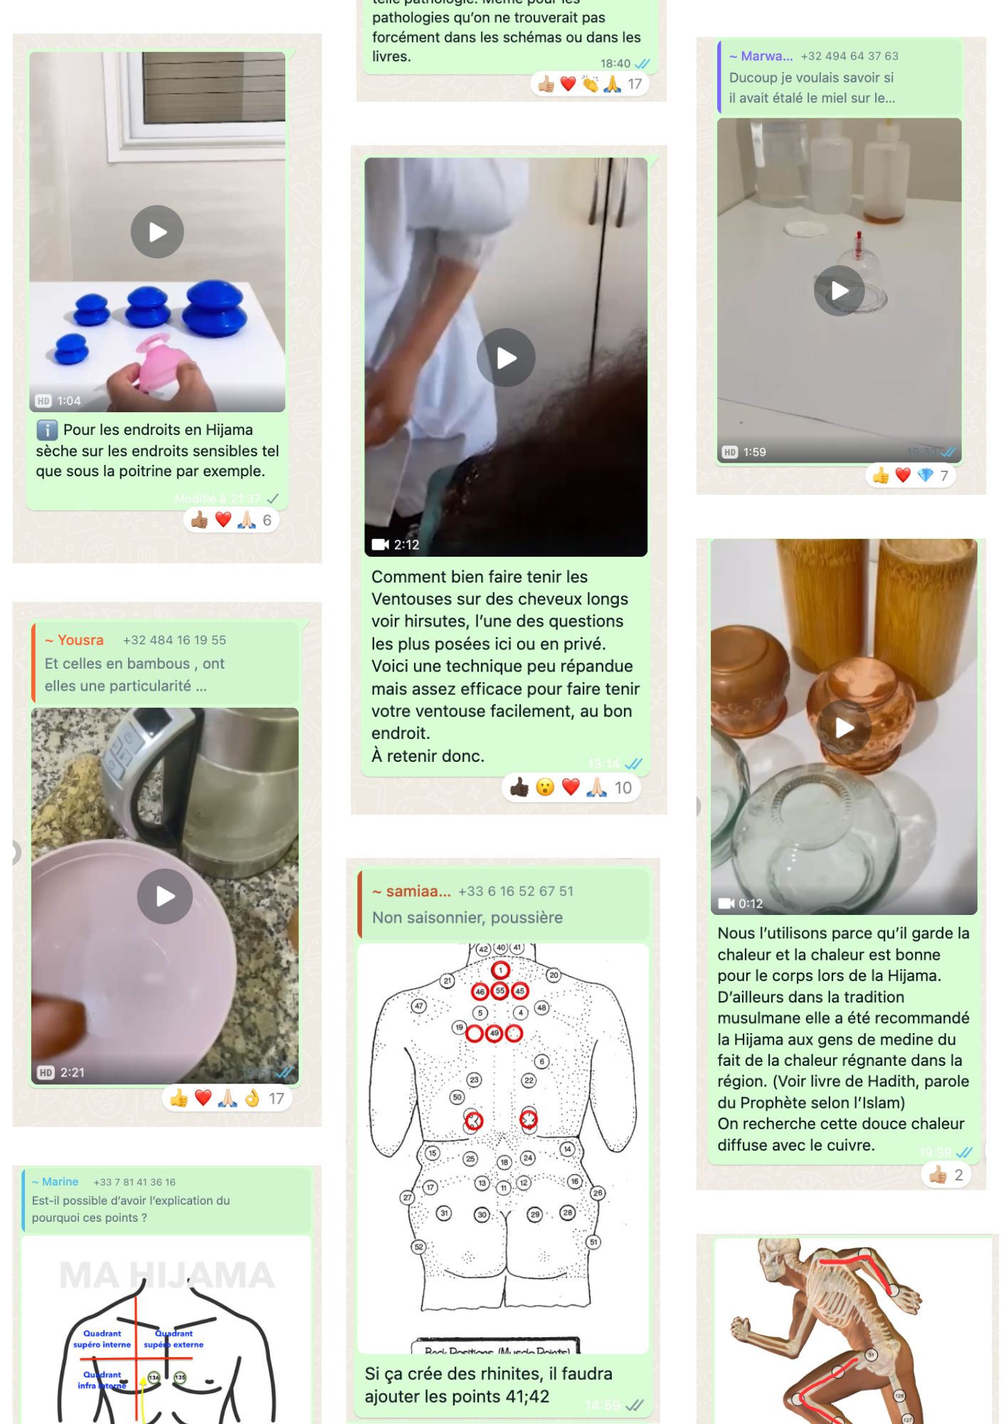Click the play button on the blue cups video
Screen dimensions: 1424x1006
pyautogui.click(x=157, y=232)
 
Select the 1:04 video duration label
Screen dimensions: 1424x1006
pyautogui.click(x=69, y=401)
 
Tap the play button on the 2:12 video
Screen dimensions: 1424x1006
pyautogui.click(x=506, y=357)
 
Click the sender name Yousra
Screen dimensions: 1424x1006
pyautogui.click(x=80, y=640)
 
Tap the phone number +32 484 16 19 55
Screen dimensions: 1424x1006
pyautogui.click(x=174, y=640)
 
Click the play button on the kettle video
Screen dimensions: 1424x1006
pyautogui.click(x=165, y=896)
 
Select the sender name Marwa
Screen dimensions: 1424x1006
pyautogui.click(x=766, y=56)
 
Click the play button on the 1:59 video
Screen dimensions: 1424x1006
pyautogui.click(x=840, y=290)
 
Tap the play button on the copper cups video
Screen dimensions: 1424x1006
pyautogui.click(x=844, y=728)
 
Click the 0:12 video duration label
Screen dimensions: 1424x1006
pyautogui.click(x=750, y=904)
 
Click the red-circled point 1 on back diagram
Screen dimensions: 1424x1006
pyautogui.click(x=500, y=970)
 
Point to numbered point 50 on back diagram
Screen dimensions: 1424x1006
pyautogui.click(x=457, y=1097)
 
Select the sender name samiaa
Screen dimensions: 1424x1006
pyautogui.click(x=418, y=891)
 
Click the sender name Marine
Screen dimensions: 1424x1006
pyautogui.click(x=60, y=1182)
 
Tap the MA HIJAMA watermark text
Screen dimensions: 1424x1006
pyautogui.click(x=166, y=1275)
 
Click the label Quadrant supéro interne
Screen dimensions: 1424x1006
pyautogui.click(x=102, y=1339)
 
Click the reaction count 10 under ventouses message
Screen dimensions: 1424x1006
pyautogui.click(x=623, y=787)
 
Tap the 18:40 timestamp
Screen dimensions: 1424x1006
pyautogui.click(x=615, y=63)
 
